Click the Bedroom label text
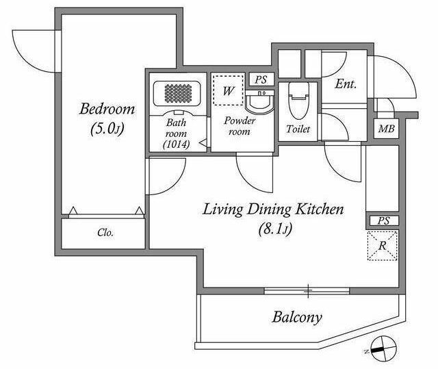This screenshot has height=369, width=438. point(107,109)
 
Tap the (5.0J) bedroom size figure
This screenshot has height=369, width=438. point(107,128)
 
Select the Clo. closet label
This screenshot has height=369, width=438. point(105,232)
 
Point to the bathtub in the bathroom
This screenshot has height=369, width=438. point(177,94)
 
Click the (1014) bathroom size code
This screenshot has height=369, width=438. point(177,144)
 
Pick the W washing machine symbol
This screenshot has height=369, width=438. point(228,90)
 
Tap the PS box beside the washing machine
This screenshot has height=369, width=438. point(261,79)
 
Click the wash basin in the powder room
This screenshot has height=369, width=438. point(260,103)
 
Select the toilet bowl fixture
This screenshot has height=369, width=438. point(299,101)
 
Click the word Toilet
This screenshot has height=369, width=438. point(298,129)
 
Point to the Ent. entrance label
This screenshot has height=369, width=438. point(346,84)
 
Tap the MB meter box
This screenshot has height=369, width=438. point(386,129)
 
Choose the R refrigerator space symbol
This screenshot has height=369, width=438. point(382,246)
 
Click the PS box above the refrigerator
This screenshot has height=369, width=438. point(383,220)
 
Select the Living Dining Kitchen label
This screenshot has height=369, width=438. point(273,209)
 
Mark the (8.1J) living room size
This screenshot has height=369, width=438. point(275,229)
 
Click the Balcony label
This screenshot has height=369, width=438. point(297,318)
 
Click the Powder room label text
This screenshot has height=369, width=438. point(240,126)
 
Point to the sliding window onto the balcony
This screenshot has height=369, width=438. point(307,291)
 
